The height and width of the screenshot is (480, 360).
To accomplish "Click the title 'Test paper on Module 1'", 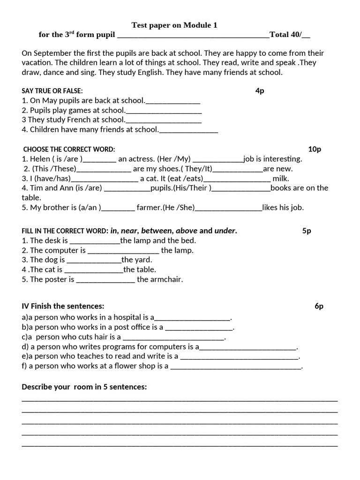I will (174, 25).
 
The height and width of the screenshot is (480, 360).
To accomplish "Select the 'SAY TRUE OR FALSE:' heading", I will (52, 91).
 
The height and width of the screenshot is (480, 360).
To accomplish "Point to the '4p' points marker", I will (260, 90).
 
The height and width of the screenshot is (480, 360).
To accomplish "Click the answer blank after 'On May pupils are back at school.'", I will (173, 100).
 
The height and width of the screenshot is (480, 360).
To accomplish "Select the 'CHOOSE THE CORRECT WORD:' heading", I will (69, 149).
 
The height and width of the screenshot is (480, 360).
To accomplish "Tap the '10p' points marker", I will (315, 149).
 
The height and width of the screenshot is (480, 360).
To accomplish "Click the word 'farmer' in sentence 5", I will (149, 207).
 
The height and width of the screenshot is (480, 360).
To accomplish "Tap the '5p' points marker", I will (307, 231).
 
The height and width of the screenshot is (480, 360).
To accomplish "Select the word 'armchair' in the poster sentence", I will (166, 279).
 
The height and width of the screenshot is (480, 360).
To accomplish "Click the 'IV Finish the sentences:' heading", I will (63, 306).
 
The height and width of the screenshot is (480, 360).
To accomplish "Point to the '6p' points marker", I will (319, 306).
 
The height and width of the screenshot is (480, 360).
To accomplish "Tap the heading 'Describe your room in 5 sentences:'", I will (84, 387).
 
